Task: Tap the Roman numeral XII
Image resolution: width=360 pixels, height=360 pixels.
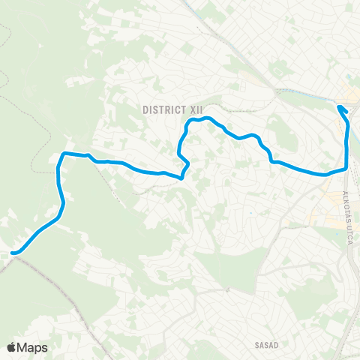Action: (x=196, y=109)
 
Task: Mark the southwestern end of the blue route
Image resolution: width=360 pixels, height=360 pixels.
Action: (x=13, y=253)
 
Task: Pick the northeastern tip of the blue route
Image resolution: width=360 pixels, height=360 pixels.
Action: (x=340, y=107)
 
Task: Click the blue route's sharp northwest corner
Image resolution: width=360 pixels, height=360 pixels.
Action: (x=61, y=155)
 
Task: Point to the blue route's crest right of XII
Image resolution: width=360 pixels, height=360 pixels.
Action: (x=208, y=118)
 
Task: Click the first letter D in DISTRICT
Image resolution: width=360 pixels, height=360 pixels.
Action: (x=145, y=109)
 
